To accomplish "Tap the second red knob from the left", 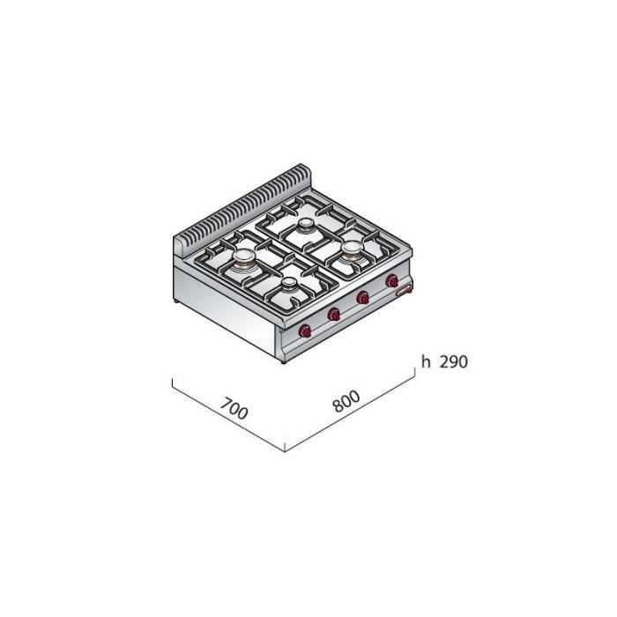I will pos(334,314).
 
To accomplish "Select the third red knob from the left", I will pos(361,298).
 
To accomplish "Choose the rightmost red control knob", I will pos(390,282).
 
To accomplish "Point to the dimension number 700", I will pos(233,409).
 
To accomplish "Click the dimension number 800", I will pos(346,402).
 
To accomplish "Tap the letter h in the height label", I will pos(426,361).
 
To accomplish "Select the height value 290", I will pos(450,361).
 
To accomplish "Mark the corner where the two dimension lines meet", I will pos(286,450).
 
